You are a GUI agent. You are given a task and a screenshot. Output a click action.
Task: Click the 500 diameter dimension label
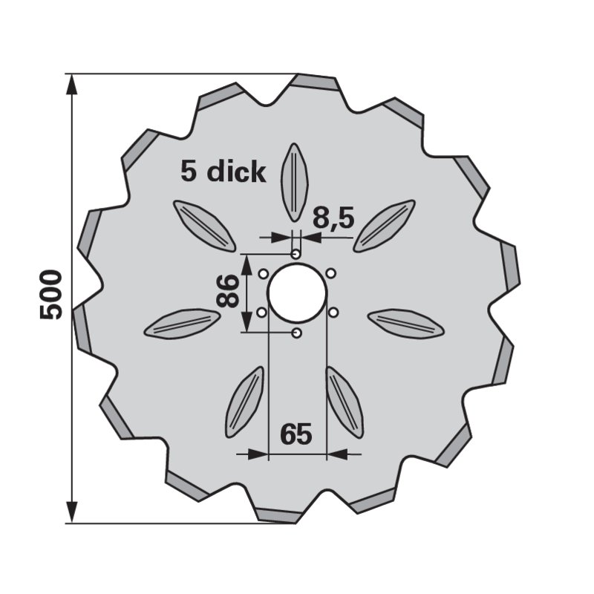(x=50, y=294)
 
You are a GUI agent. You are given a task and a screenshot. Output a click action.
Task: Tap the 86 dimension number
(x=227, y=291)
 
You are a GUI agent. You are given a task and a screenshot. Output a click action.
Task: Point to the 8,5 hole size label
(x=333, y=218)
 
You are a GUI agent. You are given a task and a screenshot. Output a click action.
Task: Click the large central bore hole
(x=296, y=293)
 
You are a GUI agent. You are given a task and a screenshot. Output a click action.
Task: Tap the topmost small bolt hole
(x=296, y=253)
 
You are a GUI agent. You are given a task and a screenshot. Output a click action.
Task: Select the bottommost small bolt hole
(x=296, y=333)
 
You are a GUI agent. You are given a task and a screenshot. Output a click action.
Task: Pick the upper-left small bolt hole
(x=263, y=273)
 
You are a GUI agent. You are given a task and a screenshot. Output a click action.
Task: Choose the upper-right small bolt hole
(x=331, y=272)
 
